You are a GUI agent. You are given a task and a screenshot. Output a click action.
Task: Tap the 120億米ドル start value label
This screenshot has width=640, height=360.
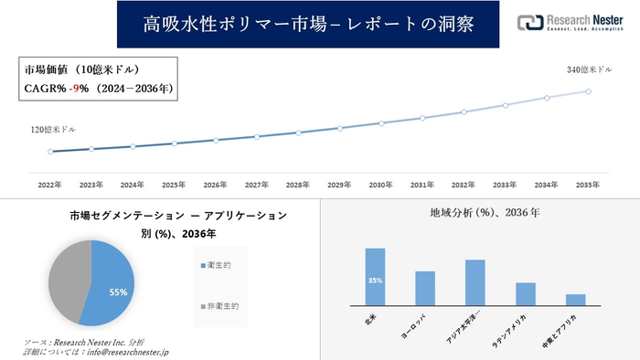coord(52,132)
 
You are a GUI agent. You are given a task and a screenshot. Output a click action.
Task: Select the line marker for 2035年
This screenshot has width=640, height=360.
coord(589,90)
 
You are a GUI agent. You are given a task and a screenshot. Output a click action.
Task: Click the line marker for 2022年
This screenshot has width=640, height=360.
coord(50,152)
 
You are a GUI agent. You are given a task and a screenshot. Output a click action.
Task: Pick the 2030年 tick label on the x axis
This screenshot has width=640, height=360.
coord(381,185)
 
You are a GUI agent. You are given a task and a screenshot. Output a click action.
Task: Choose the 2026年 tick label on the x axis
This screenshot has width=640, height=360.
coord(216,185)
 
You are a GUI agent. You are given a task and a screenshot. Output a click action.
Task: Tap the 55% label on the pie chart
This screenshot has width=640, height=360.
coord(117,292)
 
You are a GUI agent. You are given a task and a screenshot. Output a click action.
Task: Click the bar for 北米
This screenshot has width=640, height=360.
coord(375,277)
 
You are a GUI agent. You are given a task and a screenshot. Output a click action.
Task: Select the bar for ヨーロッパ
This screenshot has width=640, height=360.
coord(424,289)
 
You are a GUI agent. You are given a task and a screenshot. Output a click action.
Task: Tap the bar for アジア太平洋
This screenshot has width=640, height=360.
coord(475,283)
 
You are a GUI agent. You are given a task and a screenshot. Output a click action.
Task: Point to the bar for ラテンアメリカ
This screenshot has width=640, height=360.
coord(525,294)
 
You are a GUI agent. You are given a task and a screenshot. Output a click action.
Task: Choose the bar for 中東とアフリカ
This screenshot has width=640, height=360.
coord(575,300)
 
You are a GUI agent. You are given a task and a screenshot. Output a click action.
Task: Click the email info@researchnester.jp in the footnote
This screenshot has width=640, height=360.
coord(128,351)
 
